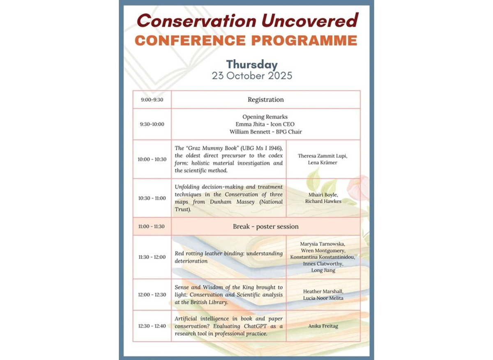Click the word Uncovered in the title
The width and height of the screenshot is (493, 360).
pyautogui.click(x=310, y=21)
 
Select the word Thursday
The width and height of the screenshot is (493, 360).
pyautogui.click(x=252, y=65)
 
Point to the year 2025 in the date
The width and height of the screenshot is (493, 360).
pyautogui.click(x=280, y=76)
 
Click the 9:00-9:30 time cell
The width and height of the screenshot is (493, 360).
pyautogui.click(x=152, y=100)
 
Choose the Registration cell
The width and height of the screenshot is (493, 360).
pyautogui.click(x=266, y=100)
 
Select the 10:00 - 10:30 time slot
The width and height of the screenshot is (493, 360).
pyautogui.click(x=152, y=159)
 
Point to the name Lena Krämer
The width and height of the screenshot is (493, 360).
pyautogui.click(x=323, y=163)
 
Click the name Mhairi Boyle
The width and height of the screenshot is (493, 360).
pyautogui.click(x=323, y=195)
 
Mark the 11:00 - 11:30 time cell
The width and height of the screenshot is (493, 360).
pyautogui.click(x=152, y=226)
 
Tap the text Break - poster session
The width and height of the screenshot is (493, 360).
pyautogui.click(x=266, y=226)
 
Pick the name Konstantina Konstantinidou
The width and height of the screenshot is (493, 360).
pyautogui.click(x=323, y=257)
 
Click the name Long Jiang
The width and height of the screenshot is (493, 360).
pyautogui.click(x=323, y=270)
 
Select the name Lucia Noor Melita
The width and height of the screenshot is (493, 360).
pyautogui.click(x=323, y=298)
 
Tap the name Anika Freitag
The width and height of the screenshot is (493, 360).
pyautogui.click(x=323, y=326)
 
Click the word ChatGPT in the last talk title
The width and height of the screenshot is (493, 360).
pyautogui.click(x=255, y=326)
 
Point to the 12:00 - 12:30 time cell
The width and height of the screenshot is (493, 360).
pyautogui.click(x=152, y=295)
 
